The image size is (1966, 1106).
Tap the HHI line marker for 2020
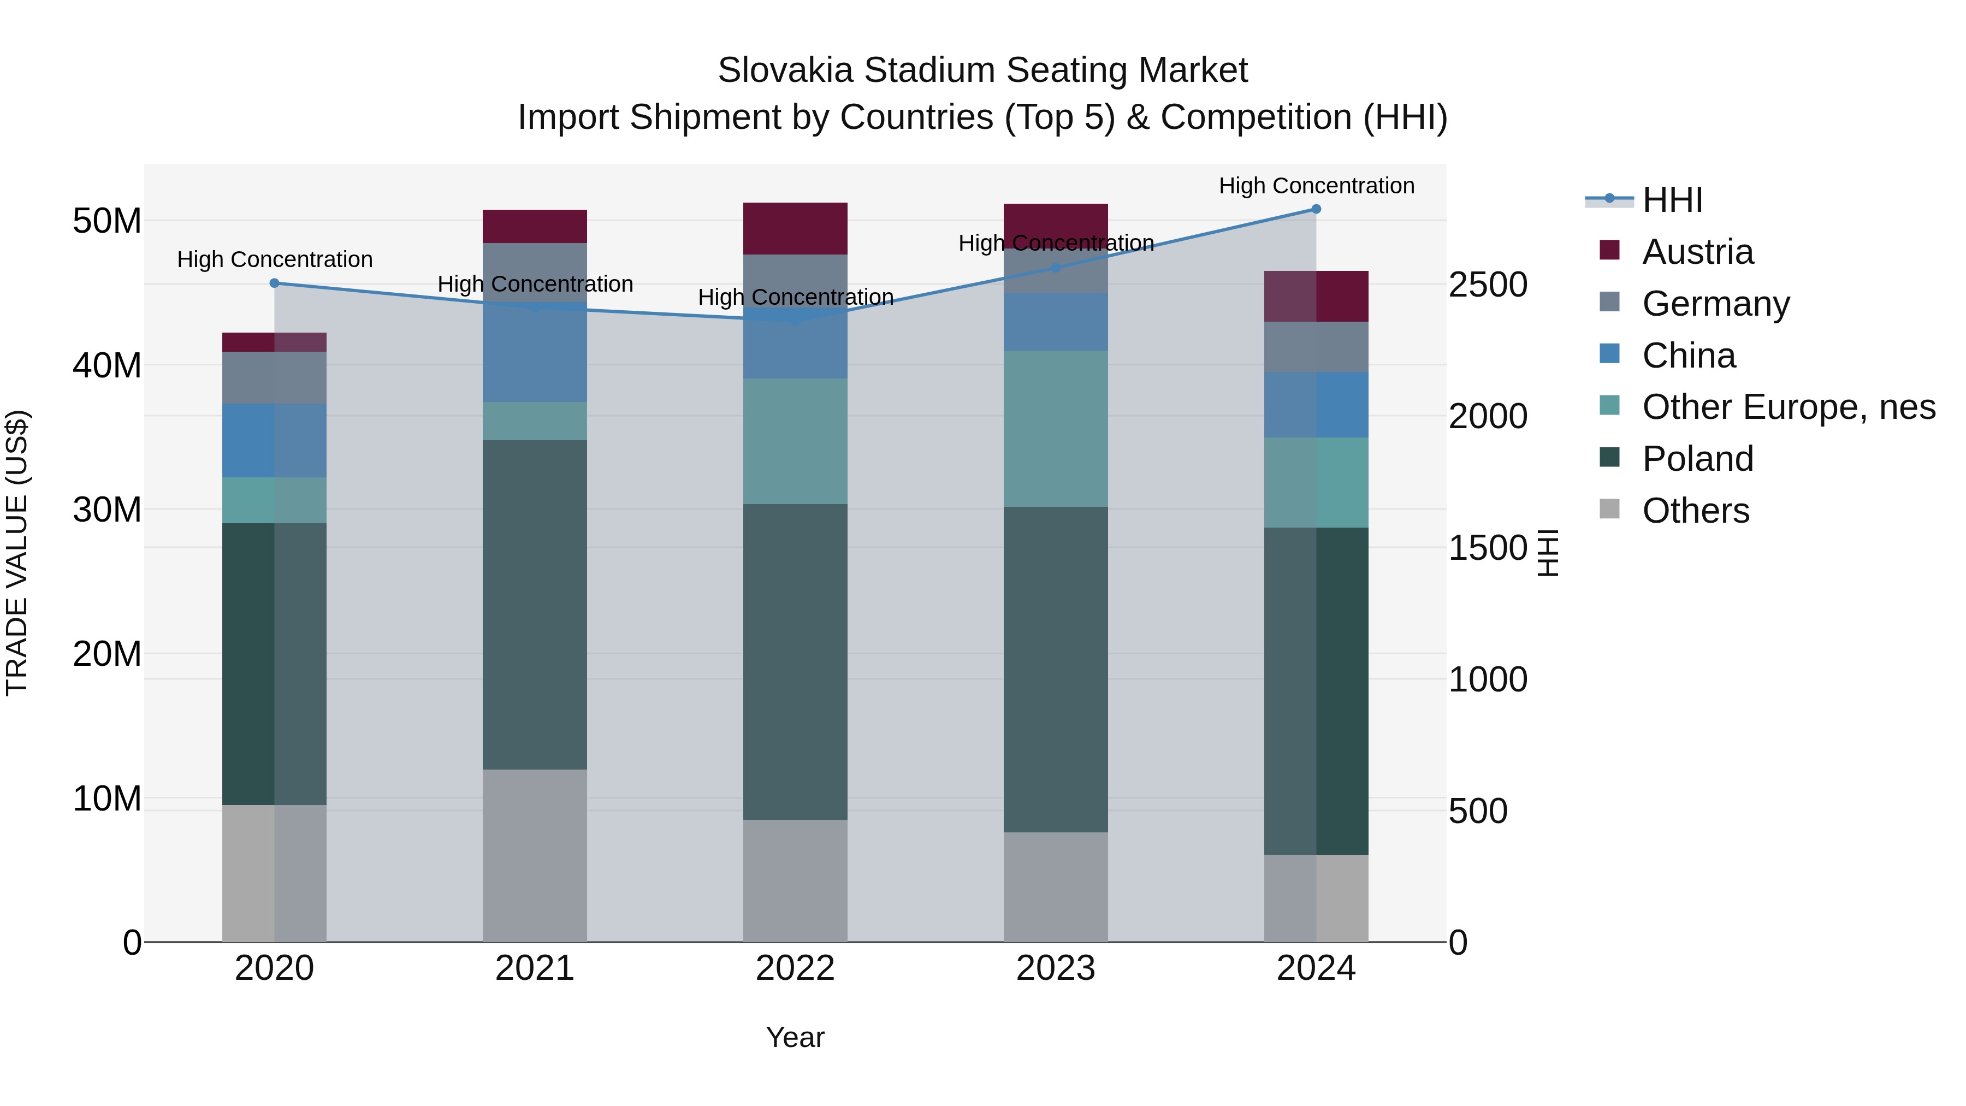tap(275, 283)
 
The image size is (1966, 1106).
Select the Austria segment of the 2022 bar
tap(795, 228)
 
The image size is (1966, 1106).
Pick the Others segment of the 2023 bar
tap(1056, 887)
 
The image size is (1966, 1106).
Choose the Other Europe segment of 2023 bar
tap(1056, 429)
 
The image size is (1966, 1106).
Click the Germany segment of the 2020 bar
tap(274, 378)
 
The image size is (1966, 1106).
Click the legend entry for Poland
tap(1697, 459)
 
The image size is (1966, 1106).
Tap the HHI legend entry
tap(1672, 200)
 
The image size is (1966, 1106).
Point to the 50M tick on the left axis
tap(107, 221)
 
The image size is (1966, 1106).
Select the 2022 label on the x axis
tap(795, 968)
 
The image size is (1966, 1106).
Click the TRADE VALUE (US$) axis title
tap(17, 553)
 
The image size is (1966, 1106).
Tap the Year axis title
tap(795, 1037)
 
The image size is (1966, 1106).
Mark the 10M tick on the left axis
tap(107, 799)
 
